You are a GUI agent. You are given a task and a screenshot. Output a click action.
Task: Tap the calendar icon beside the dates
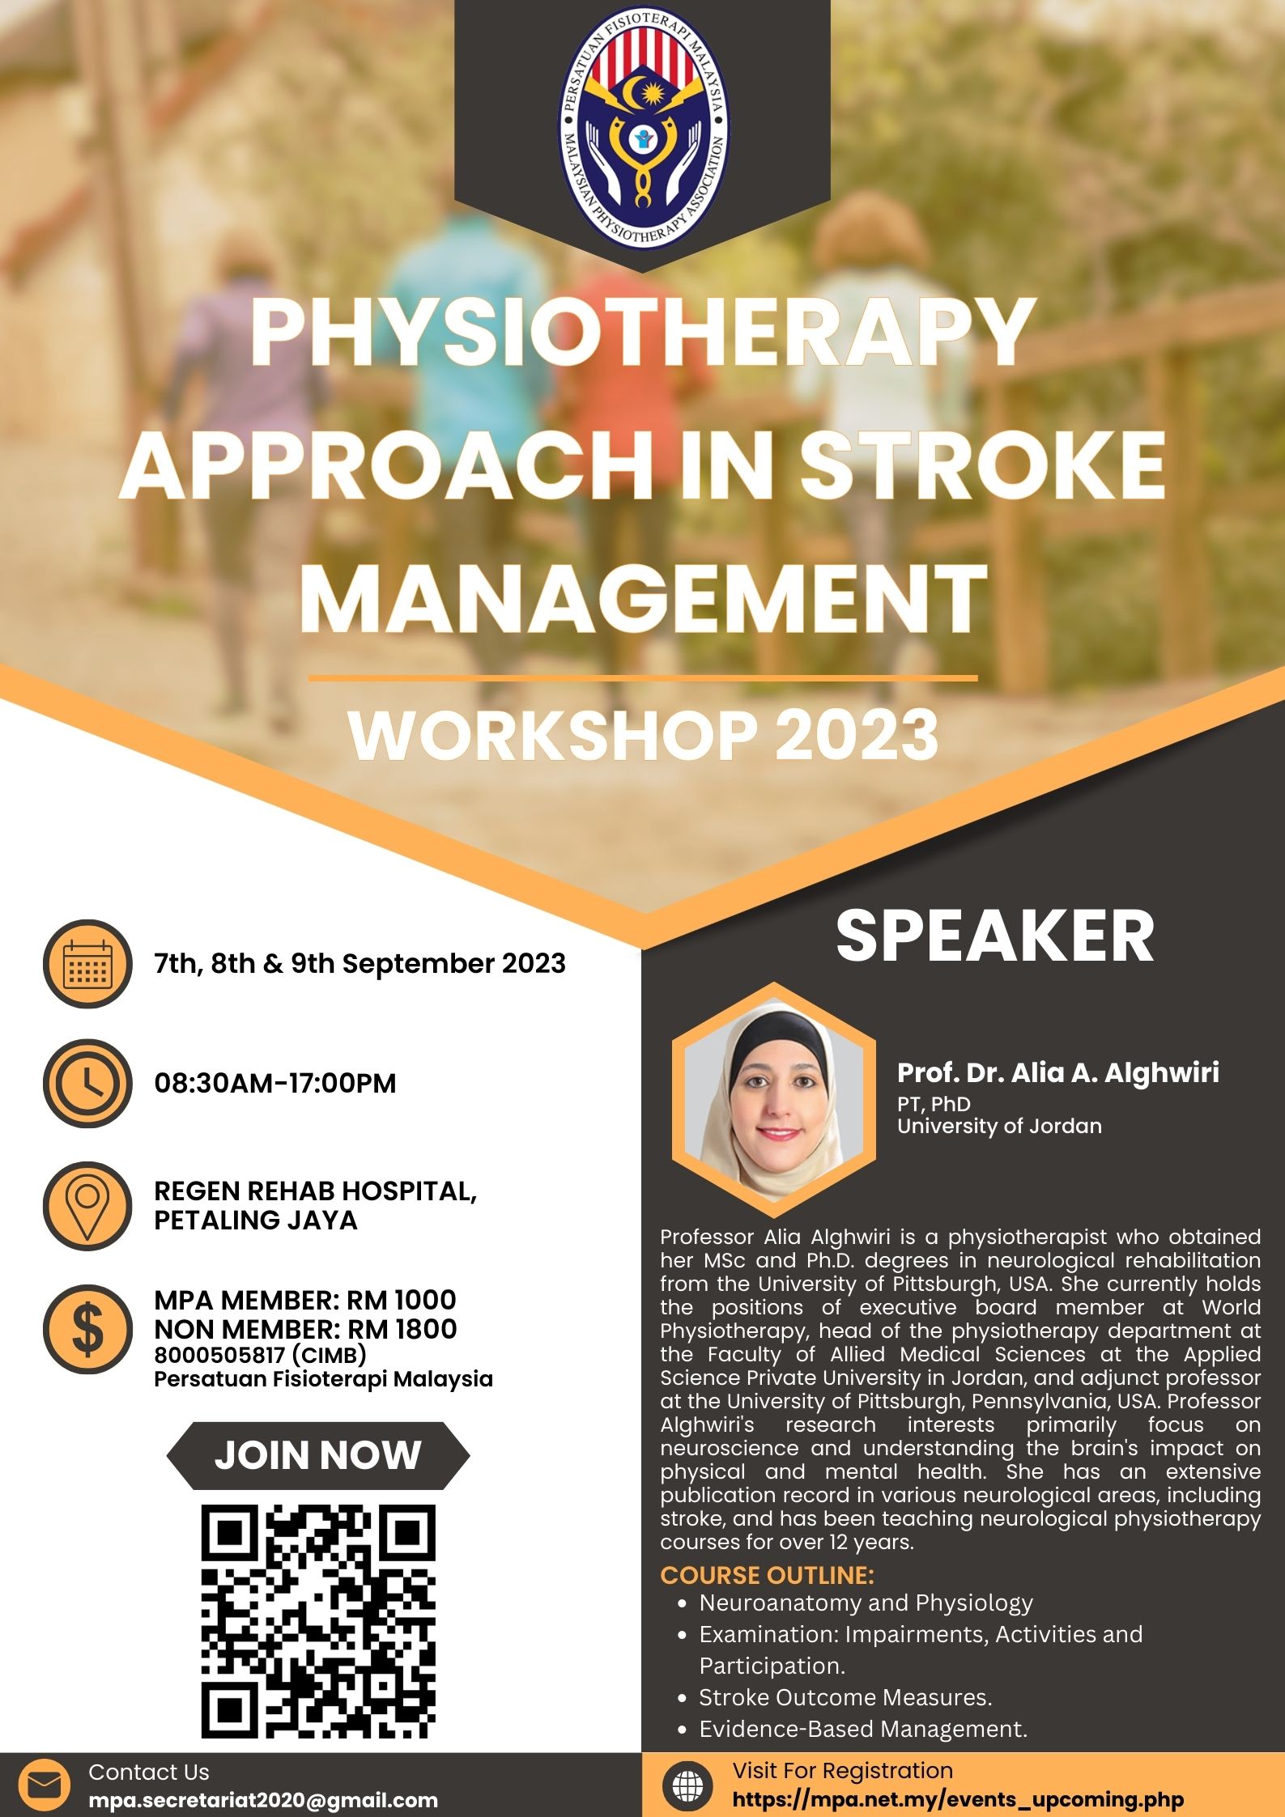(87, 963)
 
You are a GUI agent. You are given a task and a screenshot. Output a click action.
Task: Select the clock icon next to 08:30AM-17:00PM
(87, 1083)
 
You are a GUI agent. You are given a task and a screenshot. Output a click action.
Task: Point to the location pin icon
(87, 1206)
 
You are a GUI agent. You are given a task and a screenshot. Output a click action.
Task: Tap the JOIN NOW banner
(318, 1455)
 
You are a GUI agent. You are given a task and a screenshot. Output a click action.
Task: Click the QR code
(318, 1622)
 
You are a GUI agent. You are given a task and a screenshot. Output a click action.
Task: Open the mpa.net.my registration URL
(958, 1799)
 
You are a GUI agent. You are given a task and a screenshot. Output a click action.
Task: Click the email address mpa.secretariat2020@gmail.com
(263, 1800)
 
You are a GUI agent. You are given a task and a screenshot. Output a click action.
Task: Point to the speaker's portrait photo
(774, 1100)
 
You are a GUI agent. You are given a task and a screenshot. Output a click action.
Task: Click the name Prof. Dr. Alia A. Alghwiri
(1057, 1072)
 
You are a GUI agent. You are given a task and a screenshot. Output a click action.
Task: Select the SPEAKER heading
(995, 936)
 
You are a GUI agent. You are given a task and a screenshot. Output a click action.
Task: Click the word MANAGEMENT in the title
(644, 600)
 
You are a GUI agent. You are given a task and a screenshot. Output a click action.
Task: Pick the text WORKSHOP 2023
(644, 735)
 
